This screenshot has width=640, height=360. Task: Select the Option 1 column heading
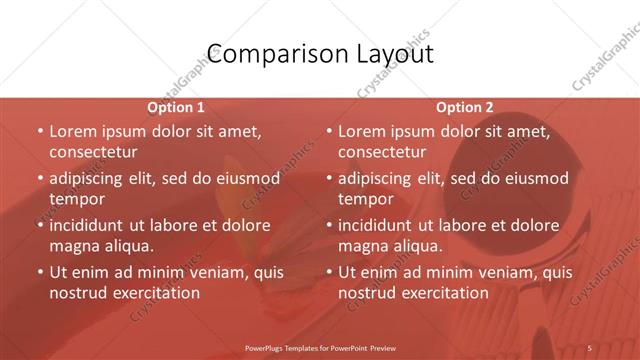tap(176, 107)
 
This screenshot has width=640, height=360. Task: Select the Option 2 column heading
tap(465, 107)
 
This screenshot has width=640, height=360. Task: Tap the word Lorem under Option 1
tap(73, 131)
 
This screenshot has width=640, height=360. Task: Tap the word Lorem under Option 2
tap(362, 131)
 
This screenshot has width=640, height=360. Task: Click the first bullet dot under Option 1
tap(39, 131)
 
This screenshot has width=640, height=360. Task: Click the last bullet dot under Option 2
tap(328, 272)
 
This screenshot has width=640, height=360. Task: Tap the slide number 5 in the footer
tap(589, 348)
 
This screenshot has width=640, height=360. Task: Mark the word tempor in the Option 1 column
tap(77, 199)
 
